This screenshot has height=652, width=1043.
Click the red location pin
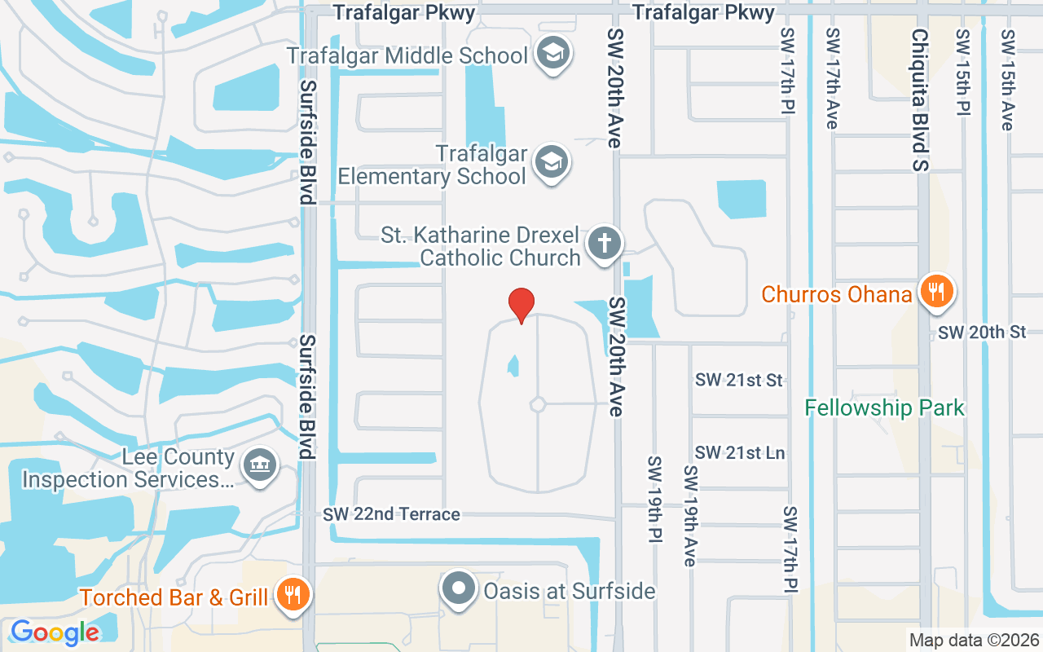(x=521, y=305)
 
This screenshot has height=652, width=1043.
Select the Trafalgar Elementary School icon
(x=551, y=164)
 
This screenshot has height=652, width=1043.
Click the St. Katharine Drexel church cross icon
(x=604, y=244)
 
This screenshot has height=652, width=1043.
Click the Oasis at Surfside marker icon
(x=460, y=588)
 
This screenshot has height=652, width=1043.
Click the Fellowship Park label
(x=884, y=407)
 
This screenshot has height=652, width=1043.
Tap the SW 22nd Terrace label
(x=391, y=514)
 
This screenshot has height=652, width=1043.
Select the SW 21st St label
(x=738, y=380)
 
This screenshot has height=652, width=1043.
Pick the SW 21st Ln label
(x=740, y=452)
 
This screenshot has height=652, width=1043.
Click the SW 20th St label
(x=981, y=333)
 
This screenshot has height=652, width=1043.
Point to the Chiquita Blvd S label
(x=921, y=101)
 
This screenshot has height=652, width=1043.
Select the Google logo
(x=55, y=632)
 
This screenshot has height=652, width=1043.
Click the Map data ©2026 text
(x=973, y=640)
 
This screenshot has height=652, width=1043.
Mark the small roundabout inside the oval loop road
(x=537, y=404)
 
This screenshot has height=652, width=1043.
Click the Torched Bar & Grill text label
(x=174, y=597)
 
